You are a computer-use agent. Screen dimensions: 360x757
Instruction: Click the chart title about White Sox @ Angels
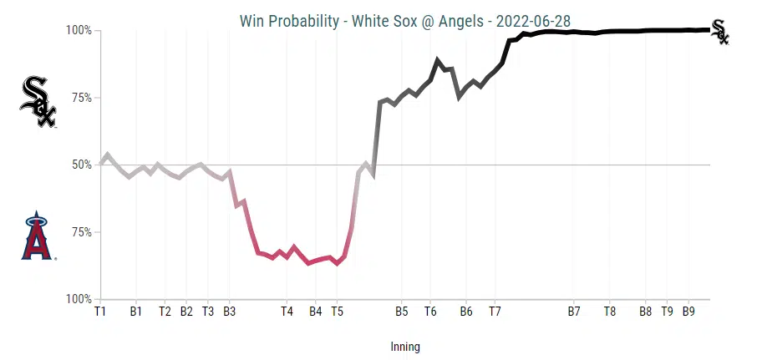[x=404, y=21]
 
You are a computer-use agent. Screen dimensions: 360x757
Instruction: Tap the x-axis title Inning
[x=405, y=347]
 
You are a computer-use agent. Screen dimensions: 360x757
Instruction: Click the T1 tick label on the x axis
[x=100, y=312]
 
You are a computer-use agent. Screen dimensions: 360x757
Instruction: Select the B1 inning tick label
[x=136, y=312]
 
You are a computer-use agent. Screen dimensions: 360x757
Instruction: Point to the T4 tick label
[x=287, y=312]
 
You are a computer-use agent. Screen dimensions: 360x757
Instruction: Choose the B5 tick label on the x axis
[x=401, y=312]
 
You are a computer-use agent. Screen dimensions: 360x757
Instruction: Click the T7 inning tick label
[x=495, y=312]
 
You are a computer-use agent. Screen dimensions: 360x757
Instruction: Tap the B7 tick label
[x=574, y=312]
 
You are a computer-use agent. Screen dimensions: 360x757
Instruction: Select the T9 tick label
[x=668, y=312]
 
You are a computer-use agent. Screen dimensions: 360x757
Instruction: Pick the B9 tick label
[x=689, y=312]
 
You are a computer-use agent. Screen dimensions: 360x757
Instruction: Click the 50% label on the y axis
[x=79, y=165]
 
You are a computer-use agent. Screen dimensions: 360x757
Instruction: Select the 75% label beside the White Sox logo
[x=79, y=98]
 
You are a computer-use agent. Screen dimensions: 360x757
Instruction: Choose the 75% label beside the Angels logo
[x=79, y=232]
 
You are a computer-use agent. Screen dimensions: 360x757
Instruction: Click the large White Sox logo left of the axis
[x=38, y=101]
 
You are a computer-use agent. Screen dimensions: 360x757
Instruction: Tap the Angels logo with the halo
[x=37, y=236]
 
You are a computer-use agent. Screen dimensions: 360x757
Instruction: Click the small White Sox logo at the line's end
[x=719, y=32]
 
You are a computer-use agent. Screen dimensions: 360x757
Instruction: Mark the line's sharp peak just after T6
[x=437, y=60]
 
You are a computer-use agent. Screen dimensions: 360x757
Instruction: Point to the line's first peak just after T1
[x=108, y=155]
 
